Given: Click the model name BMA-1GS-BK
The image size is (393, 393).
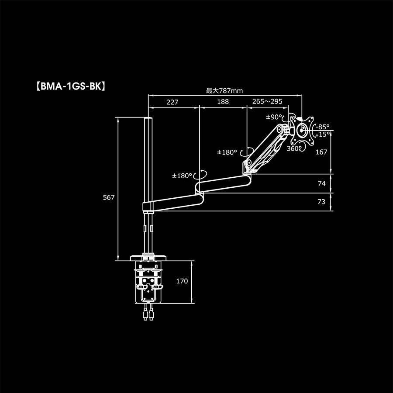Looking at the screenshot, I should click(70, 86).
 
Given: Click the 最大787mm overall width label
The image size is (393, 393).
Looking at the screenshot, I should click(224, 91).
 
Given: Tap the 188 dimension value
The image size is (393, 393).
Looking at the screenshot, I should click(223, 102).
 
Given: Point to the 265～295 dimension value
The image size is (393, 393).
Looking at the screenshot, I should click(267, 102).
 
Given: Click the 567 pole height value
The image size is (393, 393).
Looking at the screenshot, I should click(108, 197).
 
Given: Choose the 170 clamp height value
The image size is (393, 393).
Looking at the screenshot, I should click(182, 281).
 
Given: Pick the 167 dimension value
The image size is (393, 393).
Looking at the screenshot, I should click(321, 152).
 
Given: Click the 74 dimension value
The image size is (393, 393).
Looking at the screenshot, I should click(321, 184).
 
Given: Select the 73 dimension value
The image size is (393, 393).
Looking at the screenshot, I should click(321, 202).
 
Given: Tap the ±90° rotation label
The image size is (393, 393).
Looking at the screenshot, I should click(274, 117).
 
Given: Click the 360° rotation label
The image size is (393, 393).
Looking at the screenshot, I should click(293, 148).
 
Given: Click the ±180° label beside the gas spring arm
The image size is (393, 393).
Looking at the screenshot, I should click(227, 152).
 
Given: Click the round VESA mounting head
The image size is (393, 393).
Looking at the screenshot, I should click(303, 130).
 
